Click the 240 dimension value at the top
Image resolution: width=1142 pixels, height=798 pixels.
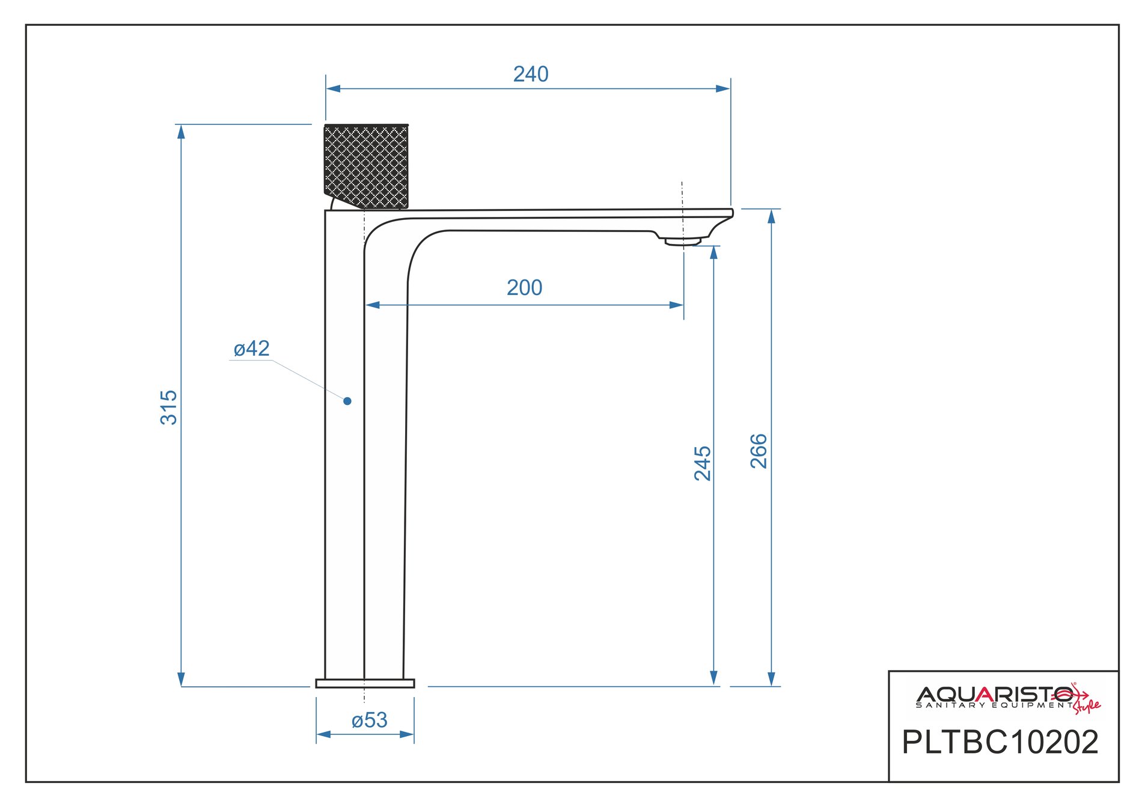coord(531,74)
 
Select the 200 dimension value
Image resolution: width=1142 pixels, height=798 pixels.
coord(524,288)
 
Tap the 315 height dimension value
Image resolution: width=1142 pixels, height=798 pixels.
coord(169,407)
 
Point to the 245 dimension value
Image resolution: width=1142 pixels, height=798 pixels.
coord(702,463)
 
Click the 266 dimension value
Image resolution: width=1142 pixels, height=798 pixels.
coord(759,451)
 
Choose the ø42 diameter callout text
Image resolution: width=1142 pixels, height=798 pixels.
coord(251,349)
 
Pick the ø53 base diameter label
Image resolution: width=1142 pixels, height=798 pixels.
coord(369,720)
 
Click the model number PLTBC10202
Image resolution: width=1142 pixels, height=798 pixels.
coord(1000,742)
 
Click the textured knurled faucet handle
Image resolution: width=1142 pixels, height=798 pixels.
coord(366,166)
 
